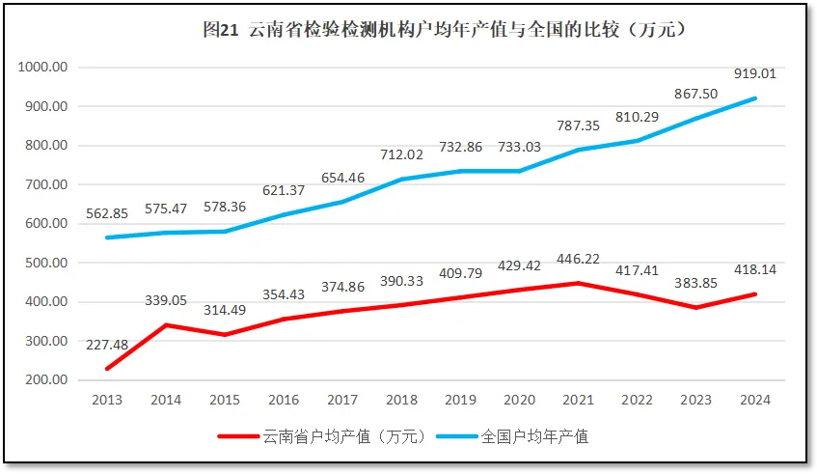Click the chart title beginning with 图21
point(445,30)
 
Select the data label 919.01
point(755,72)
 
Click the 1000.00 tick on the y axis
point(42,67)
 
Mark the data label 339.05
point(167,300)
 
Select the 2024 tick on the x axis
point(755,400)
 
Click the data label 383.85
point(696,283)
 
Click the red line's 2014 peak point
point(166,324)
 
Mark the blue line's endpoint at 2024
point(755,98)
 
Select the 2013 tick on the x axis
point(107,400)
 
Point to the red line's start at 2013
point(107,368)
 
